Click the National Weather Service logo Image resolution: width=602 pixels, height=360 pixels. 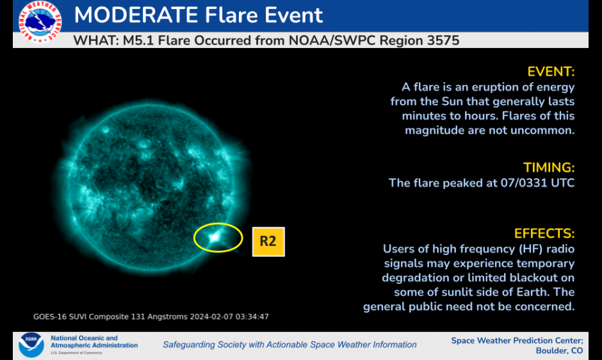tap(40, 22)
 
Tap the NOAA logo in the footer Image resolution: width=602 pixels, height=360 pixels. tap(31, 345)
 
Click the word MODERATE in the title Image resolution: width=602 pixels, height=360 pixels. tap(136, 15)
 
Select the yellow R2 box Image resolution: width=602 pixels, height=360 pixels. tap(268, 241)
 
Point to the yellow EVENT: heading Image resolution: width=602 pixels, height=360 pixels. tap(551, 72)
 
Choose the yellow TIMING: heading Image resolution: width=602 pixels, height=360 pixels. tap(549, 168)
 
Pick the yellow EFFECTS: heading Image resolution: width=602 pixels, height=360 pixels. tap(544, 234)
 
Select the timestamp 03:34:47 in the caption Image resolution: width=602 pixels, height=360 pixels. tap(252, 316)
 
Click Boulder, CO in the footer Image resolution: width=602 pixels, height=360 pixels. tap(559, 350)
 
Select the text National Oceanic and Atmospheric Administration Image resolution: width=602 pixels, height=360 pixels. tap(94, 341)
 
